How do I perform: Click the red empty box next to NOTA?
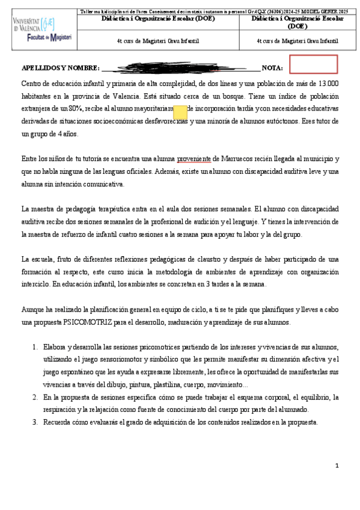point(313,64)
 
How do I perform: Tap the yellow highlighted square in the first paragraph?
point(180,111)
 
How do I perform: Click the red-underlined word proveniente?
point(194,158)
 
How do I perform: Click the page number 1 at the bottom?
point(337,465)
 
